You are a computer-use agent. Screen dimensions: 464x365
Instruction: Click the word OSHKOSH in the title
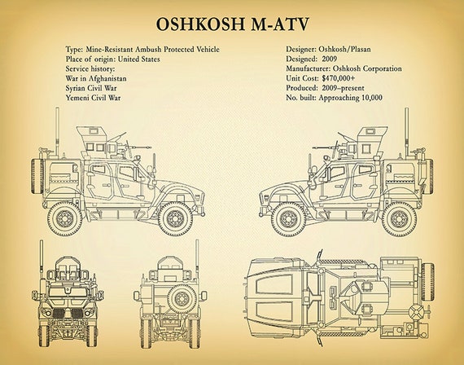click(200, 24)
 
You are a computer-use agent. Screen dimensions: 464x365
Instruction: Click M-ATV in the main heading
click(280, 24)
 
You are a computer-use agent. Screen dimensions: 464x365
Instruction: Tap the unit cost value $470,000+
click(339, 78)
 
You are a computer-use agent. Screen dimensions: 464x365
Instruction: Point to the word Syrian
click(76, 88)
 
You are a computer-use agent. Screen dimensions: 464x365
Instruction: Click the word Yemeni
click(77, 98)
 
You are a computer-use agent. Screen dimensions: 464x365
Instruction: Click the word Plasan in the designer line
click(361, 49)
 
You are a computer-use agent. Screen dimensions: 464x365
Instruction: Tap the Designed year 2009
click(330, 59)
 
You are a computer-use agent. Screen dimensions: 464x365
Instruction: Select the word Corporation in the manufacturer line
click(383, 68)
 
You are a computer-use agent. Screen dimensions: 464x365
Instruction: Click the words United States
click(138, 59)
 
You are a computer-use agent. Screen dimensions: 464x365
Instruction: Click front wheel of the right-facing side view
click(176, 218)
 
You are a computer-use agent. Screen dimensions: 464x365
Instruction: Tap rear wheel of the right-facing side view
click(65, 218)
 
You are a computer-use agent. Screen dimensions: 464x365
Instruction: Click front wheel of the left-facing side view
click(288, 219)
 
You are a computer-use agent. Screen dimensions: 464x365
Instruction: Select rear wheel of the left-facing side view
click(399, 219)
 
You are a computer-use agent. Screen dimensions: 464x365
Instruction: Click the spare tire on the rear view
click(182, 298)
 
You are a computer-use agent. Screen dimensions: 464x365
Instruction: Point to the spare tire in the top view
click(427, 278)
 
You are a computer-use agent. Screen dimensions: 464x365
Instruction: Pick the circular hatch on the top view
click(416, 313)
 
